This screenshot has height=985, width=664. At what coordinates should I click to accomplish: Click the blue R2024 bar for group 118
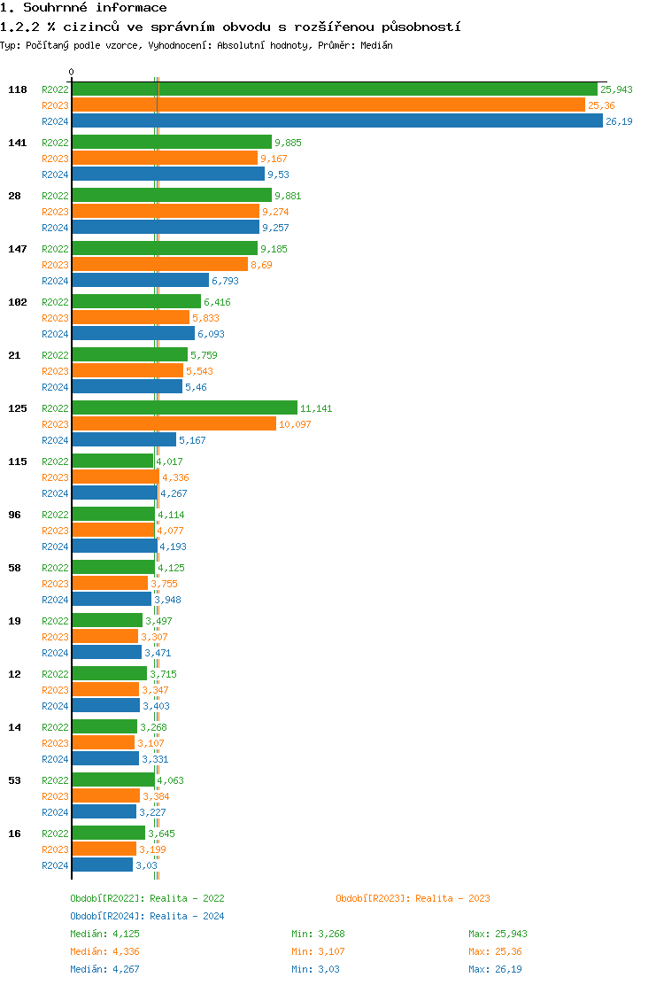pyautogui.click(x=336, y=121)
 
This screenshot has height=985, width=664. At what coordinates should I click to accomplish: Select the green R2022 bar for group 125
pyautogui.click(x=184, y=407)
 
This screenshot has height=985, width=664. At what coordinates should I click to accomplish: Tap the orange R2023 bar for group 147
pyautogui.click(x=159, y=264)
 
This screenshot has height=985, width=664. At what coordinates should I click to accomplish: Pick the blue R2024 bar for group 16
pyautogui.click(x=102, y=865)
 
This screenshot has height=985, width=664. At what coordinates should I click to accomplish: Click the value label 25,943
pyautogui.click(x=616, y=89)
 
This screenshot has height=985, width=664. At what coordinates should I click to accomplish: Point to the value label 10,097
pyautogui.click(x=295, y=424)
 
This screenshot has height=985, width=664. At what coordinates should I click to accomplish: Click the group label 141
pyautogui.click(x=18, y=143)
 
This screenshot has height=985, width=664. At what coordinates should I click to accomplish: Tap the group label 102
pyautogui.click(x=18, y=302)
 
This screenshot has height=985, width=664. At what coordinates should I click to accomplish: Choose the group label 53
pyautogui.click(x=14, y=780)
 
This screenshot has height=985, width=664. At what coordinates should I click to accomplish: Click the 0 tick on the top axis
pyautogui.click(x=72, y=73)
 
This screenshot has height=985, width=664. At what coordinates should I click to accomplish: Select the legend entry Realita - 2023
pyautogui.click(x=413, y=898)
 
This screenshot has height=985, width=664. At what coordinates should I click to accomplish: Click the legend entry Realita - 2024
pyautogui.click(x=147, y=916)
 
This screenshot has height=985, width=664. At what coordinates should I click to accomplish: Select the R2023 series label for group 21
pyautogui.click(x=56, y=371)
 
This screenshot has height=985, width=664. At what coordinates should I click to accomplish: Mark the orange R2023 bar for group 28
pyautogui.click(x=166, y=211)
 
